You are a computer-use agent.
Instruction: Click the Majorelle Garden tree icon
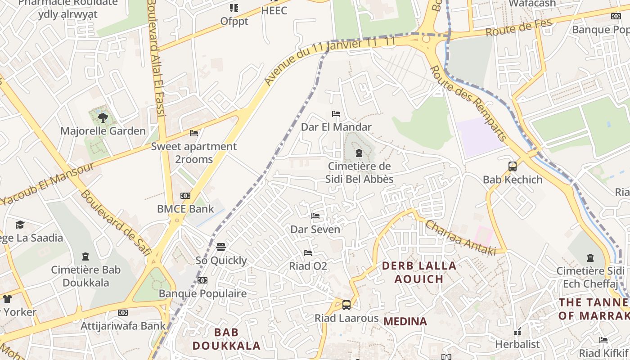[103, 118]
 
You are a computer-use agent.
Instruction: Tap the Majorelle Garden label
[103, 131]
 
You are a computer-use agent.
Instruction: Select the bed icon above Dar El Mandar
[336, 114]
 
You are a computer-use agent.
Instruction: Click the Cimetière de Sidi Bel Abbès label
[359, 173]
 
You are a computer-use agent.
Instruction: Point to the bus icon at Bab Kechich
[513, 166]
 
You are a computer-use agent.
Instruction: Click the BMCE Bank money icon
[185, 196]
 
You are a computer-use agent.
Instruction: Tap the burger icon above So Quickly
[221, 247]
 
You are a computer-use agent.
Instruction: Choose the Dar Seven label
[315, 229]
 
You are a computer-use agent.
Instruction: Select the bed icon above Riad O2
[308, 253]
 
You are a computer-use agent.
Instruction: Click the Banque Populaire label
[202, 293]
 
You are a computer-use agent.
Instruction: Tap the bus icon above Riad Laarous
[346, 305]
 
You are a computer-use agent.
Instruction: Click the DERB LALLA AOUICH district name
[419, 272]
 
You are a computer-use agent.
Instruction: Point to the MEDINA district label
[405, 321]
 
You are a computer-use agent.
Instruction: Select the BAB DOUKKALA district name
[226, 339]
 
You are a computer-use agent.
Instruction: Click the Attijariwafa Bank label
[123, 326]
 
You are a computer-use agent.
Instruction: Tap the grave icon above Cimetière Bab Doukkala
[85, 257]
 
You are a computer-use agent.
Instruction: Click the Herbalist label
[517, 344]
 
